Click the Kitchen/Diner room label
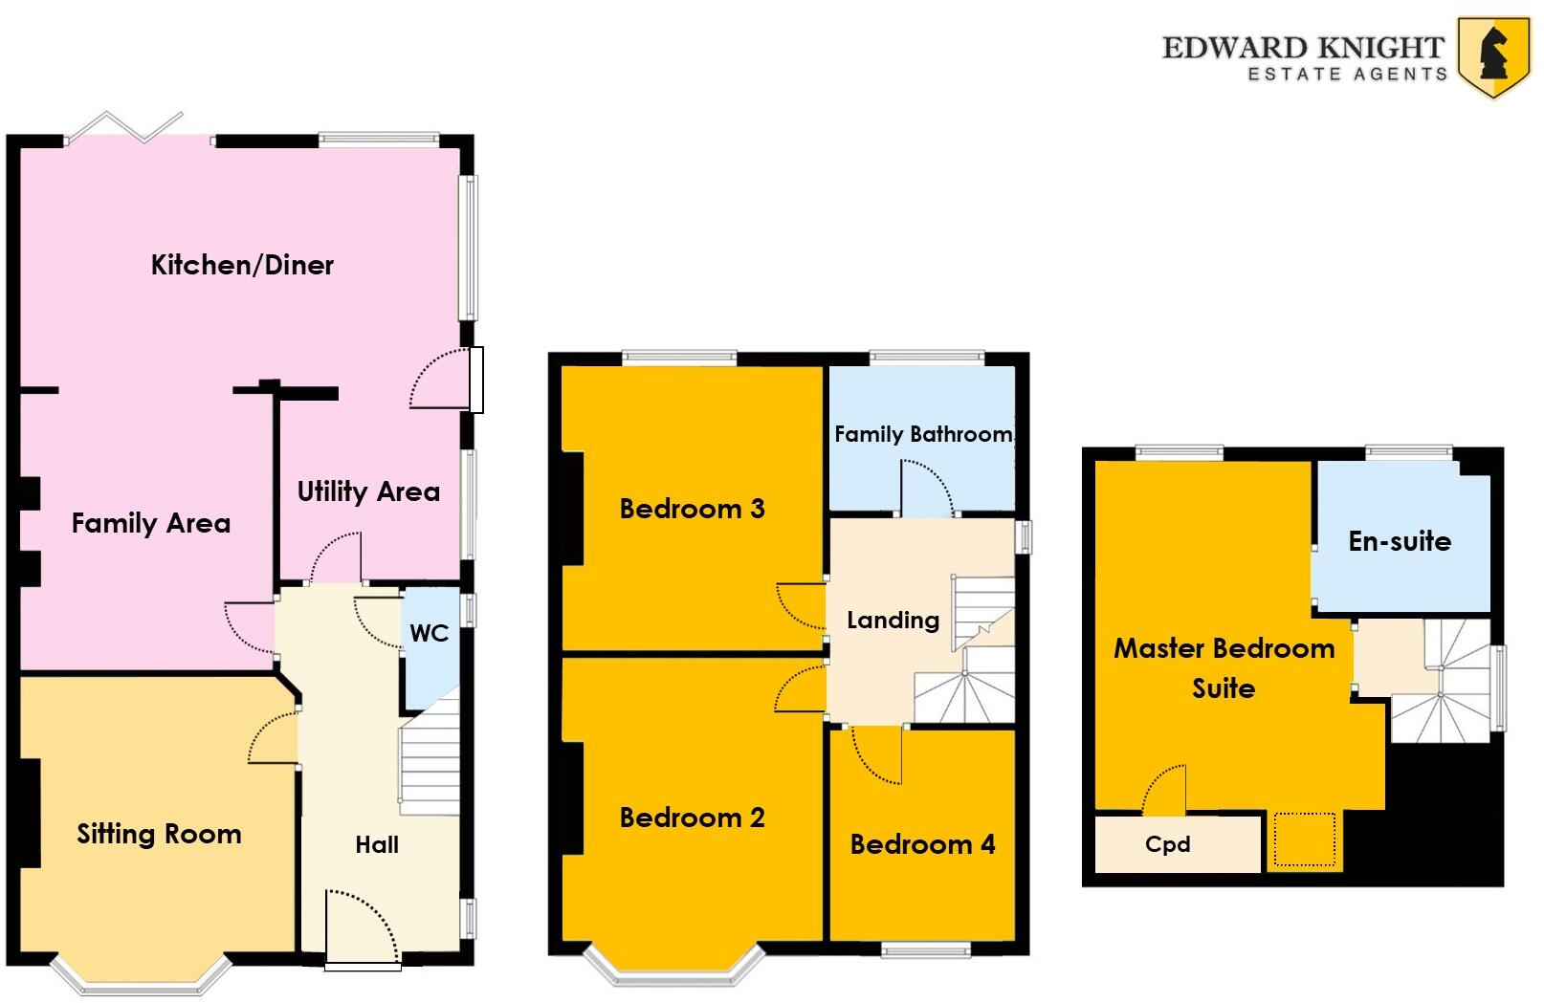pyautogui.click(x=242, y=265)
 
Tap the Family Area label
pyautogui.click(x=151, y=523)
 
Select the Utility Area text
pyautogui.click(x=368, y=491)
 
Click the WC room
pyautogui.click(x=429, y=634)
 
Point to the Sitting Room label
pyautogui.click(x=159, y=834)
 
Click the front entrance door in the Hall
pyautogui.click(x=363, y=927)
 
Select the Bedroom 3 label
pyautogui.click(x=692, y=509)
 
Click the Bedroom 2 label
pyautogui.click(x=692, y=818)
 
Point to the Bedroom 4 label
pyautogui.click(x=922, y=844)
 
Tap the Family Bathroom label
pyautogui.click(x=922, y=435)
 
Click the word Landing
pyautogui.click(x=893, y=621)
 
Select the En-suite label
pyautogui.click(x=1400, y=541)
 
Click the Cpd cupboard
pyautogui.click(x=1168, y=844)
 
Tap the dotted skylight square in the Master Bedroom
pyautogui.click(x=1303, y=839)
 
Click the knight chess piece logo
pyautogui.click(x=1493, y=55)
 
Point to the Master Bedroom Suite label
pyautogui.click(x=1224, y=667)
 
